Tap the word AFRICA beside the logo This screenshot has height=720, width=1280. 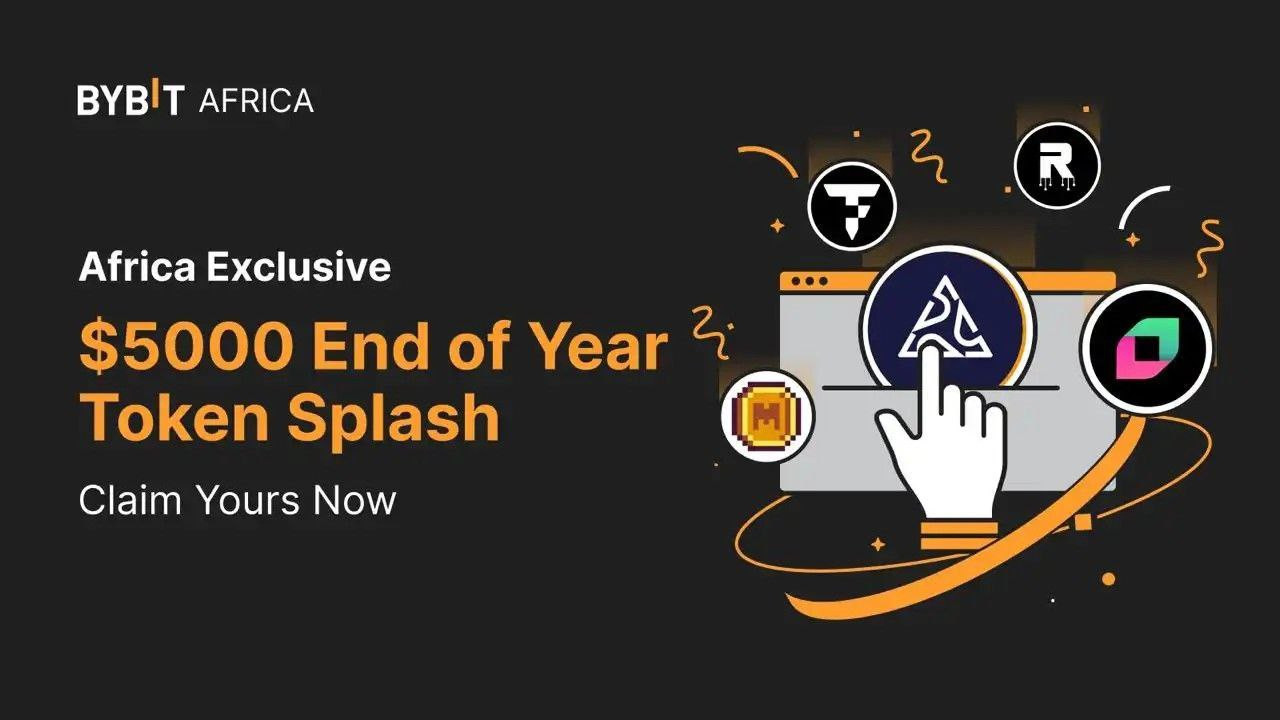pyautogui.click(x=256, y=101)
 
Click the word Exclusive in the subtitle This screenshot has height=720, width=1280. pyautogui.click(x=298, y=266)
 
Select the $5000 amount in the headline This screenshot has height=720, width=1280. pyautogui.click(x=186, y=346)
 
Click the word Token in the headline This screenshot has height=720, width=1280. pyautogui.click(x=174, y=417)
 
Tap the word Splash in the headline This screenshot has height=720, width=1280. pyautogui.click(x=394, y=419)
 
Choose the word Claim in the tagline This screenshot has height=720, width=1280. pyautogui.click(x=130, y=500)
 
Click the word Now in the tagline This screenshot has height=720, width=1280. pyautogui.click(x=354, y=501)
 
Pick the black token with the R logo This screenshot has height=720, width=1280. pyautogui.click(x=1057, y=166)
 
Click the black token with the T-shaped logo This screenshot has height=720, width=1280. pyautogui.click(x=852, y=207)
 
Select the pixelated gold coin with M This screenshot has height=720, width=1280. pyautogui.click(x=768, y=415)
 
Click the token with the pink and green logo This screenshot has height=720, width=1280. pyautogui.click(x=1146, y=349)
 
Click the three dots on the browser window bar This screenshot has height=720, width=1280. pyautogui.click(x=810, y=281)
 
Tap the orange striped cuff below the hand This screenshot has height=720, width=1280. pyautogui.click(x=959, y=535)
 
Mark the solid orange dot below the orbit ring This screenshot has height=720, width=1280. pyautogui.click(x=1109, y=579)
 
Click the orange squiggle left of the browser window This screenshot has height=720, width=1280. pyautogui.click(x=711, y=331)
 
